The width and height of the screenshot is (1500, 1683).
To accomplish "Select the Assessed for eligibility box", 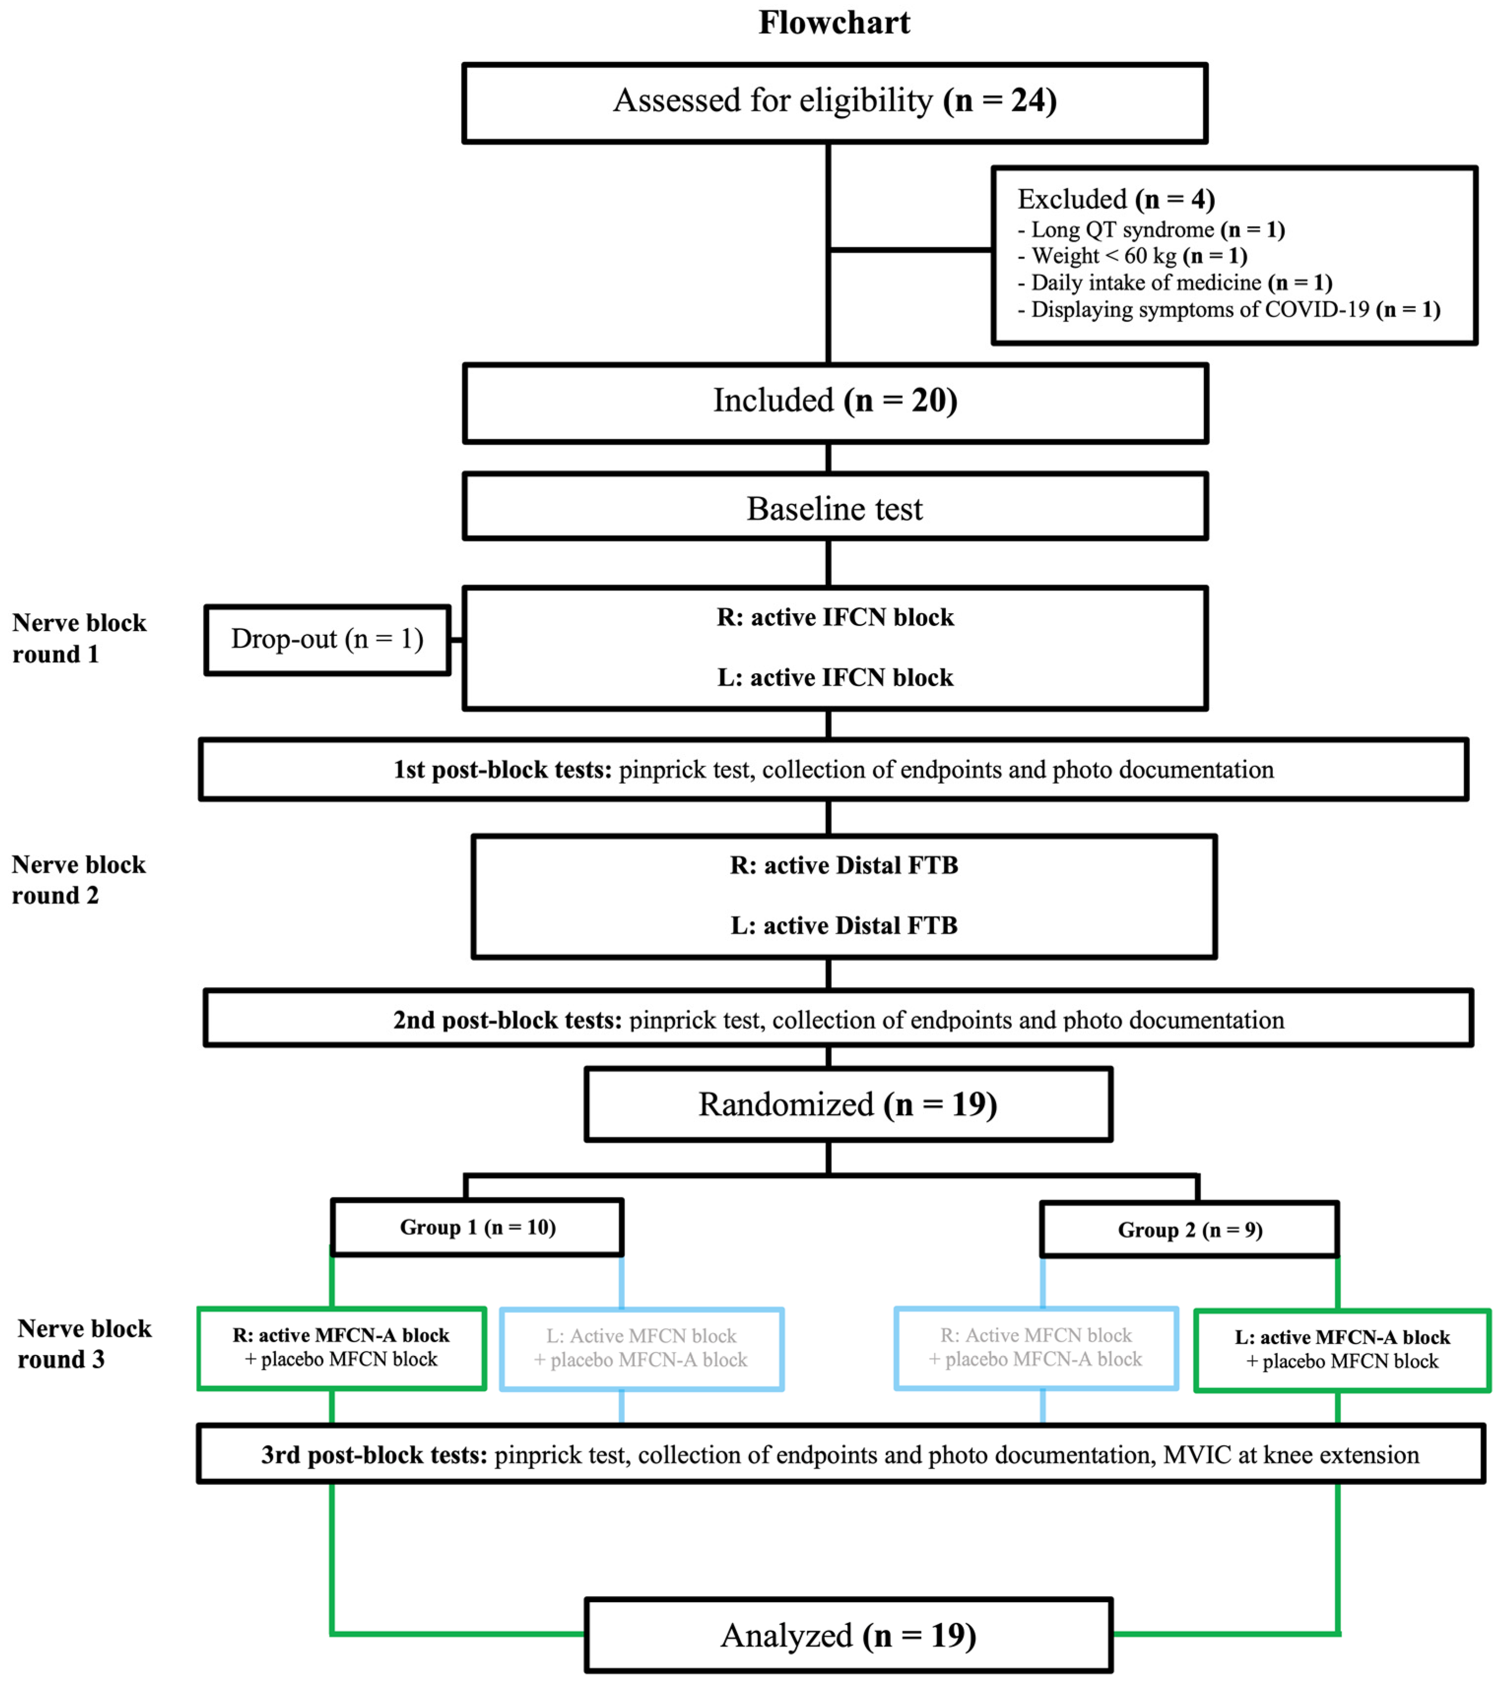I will (834, 102).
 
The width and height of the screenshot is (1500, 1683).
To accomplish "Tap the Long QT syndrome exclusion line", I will (1150, 230).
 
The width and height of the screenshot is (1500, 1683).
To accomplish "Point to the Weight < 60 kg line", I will (1132, 256).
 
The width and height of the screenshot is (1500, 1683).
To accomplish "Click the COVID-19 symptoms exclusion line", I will (1228, 310).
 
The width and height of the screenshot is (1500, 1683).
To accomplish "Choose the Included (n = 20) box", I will (834, 402).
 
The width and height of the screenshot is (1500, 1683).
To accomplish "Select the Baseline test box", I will (834, 508).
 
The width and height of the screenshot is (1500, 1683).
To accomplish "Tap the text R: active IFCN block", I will (834, 617).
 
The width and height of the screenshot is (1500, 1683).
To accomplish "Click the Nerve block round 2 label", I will (78, 879).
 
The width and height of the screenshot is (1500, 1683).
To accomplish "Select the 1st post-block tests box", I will (832, 769).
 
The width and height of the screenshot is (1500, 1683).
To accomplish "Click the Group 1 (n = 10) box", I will (477, 1227).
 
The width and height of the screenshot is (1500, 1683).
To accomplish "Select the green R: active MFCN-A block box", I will (341, 1348).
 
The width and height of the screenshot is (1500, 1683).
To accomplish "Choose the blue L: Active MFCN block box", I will (641, 1349).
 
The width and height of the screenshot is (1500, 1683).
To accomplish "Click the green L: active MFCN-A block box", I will (1342, 1349).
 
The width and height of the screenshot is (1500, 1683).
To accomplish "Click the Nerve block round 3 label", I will (84, 1344).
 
